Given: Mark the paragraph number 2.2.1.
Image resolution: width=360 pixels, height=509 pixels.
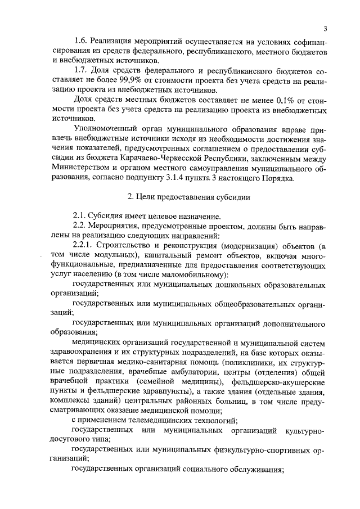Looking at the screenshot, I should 84,246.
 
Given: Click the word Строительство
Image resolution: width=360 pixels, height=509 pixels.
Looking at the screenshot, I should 128,246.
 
